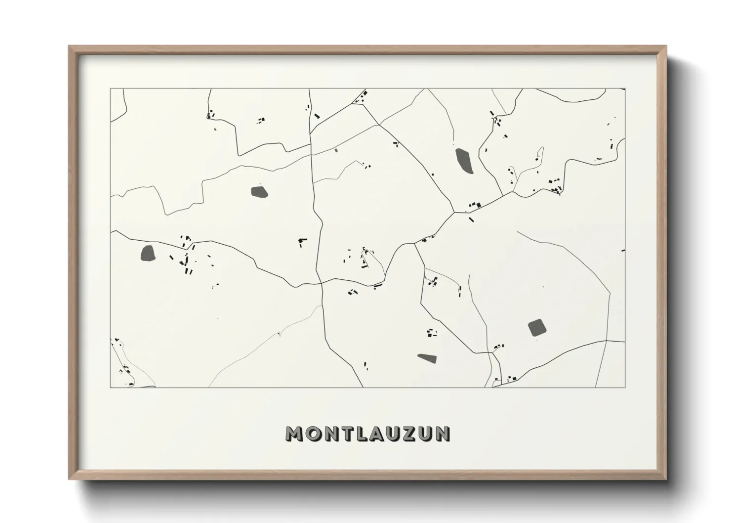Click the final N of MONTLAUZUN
coord(443,434)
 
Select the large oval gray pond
coord(464,161)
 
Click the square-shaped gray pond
coord(536,328)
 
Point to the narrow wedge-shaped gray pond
coord(428,358)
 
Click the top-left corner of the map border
coord(110,89)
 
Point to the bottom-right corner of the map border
coord(625,387)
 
